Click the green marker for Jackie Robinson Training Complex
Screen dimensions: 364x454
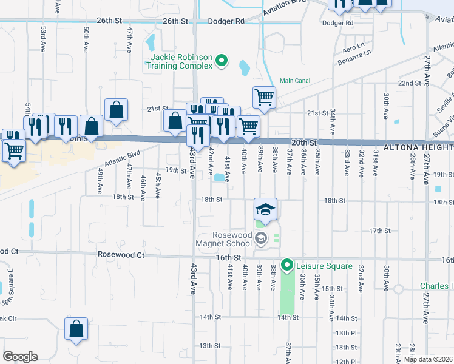(222, 60)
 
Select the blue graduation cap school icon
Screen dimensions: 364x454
(265, 210)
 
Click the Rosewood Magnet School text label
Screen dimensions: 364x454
(223, 240)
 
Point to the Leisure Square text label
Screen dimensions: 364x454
(324, 266)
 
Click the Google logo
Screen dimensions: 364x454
(20, 357)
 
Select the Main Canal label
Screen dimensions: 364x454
(295, 81)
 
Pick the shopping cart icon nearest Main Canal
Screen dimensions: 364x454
(264, 97)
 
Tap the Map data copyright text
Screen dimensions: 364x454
(428, 359)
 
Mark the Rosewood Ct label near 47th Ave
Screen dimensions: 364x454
(121, 255)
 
